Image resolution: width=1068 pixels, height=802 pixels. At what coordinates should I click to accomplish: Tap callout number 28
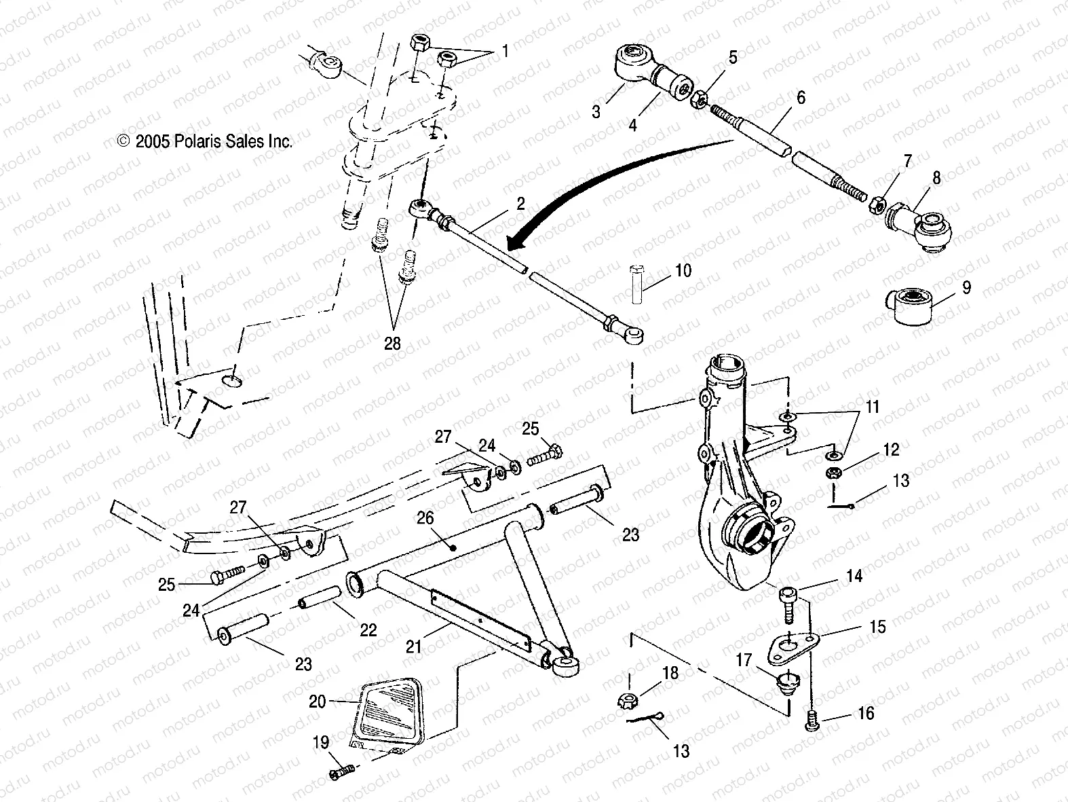392,344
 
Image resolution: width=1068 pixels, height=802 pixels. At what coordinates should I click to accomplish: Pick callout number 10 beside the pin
683,270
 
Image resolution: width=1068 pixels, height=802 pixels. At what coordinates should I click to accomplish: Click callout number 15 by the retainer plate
877,626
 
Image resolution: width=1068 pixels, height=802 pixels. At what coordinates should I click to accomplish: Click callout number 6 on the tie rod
801,98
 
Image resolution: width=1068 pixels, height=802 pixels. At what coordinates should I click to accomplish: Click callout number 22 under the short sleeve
367,630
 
